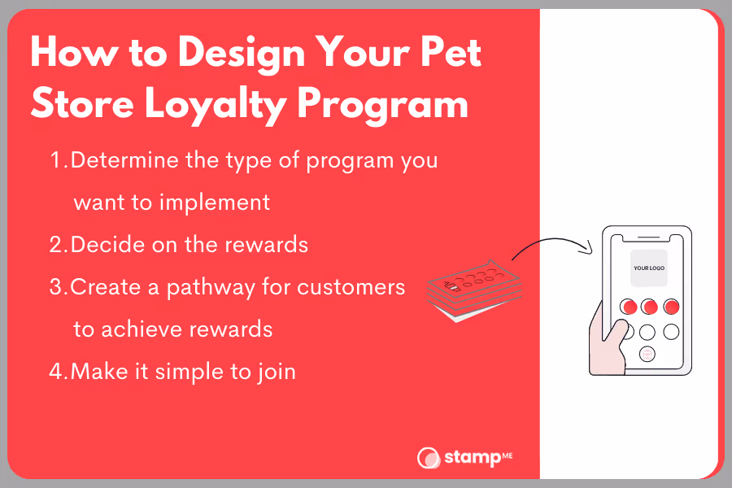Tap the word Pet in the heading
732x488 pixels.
tap(451, 52)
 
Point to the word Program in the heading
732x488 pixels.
tap(382, 106)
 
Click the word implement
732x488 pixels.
tap(215, 203)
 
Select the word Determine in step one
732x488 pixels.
tap(124, 160)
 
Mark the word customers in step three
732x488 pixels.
tap(351, 287)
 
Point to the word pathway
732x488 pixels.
tap(211, 288)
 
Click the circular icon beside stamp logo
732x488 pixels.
tap(428, 458)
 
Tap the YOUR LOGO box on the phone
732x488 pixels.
tap(649, 268)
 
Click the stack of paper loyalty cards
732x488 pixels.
tap(474, 291)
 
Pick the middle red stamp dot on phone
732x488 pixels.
tap(649, 307)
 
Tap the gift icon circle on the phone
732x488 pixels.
tap(647, 355)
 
